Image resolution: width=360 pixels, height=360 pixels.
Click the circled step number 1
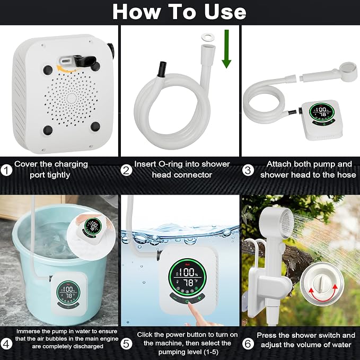[x=6, y=170]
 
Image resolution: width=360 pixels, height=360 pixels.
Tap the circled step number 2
[x=127, y=170]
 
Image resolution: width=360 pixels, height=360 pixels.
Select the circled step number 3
[x=248, y=170]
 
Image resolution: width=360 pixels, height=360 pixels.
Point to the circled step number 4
[x=6, y=344]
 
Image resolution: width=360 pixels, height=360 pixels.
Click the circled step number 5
[x=127, y=344]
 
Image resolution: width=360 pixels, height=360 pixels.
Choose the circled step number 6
[x=248, y=344]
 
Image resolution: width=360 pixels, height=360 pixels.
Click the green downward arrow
[x=226, y=49]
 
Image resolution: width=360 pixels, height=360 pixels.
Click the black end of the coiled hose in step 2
[x=163, y=69]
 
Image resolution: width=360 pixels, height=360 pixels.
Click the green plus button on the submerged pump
[x=199, y=298]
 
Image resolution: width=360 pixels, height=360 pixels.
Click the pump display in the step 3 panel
[x=322, y=112]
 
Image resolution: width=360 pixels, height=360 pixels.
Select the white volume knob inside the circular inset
[x=321, y=282]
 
